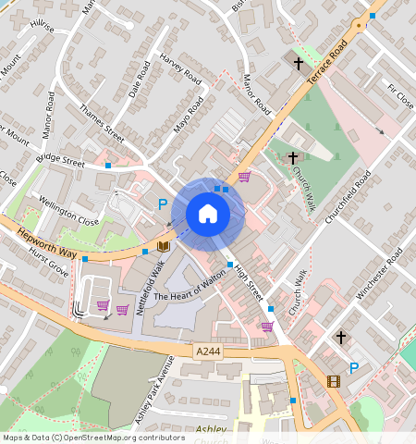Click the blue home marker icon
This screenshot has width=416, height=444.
(x=208, y=214)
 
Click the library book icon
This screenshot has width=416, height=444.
(x=163, y=246)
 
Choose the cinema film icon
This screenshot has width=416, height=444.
(x=333, y=380)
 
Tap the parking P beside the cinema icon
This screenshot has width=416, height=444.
(x=353, y=368)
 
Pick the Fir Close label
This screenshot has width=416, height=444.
(x=400, y=97)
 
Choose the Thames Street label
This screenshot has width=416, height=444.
(x=102, y=122)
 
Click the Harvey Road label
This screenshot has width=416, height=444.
(x=180, y=70)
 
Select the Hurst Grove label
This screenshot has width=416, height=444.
(x=48, y=260)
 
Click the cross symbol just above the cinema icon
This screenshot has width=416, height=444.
(x=340, y=339)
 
